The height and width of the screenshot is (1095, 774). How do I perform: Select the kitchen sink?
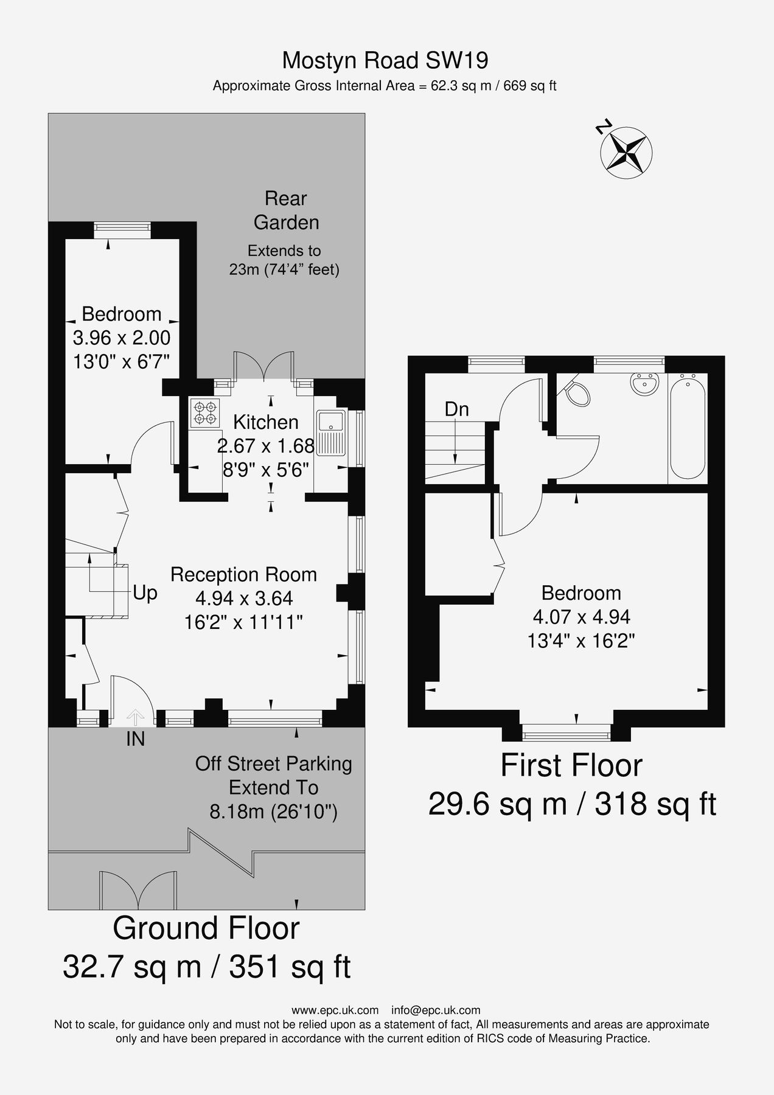[x=331, y=433]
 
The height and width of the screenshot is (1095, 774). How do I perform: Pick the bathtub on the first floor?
[x=688, y=425]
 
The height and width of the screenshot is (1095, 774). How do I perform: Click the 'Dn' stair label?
[x=456, y=409]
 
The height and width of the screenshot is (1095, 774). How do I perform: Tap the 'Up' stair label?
[x=145, y=593]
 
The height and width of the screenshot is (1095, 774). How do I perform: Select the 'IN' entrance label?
[x=135, y=739]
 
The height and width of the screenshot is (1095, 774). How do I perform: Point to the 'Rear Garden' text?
[x=286, y=210]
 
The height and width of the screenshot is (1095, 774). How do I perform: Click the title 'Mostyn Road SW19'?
[x=385, y=60]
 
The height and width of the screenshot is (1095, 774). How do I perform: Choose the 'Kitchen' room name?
[x=266, y=422]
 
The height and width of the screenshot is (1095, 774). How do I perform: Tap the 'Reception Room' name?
[x=243, y=574]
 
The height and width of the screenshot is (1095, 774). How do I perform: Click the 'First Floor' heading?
[x=571, y=766]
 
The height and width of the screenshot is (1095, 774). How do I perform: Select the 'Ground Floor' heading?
[x=206, y=928]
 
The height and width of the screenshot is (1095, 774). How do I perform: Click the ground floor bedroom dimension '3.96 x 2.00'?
[x=122, y=337]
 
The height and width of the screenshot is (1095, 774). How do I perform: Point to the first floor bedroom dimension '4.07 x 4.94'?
[x=581, y=617]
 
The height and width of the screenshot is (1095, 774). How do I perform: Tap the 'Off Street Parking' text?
[x=274, y=763]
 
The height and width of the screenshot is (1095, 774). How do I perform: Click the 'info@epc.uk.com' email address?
[x=436, y=1010]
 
